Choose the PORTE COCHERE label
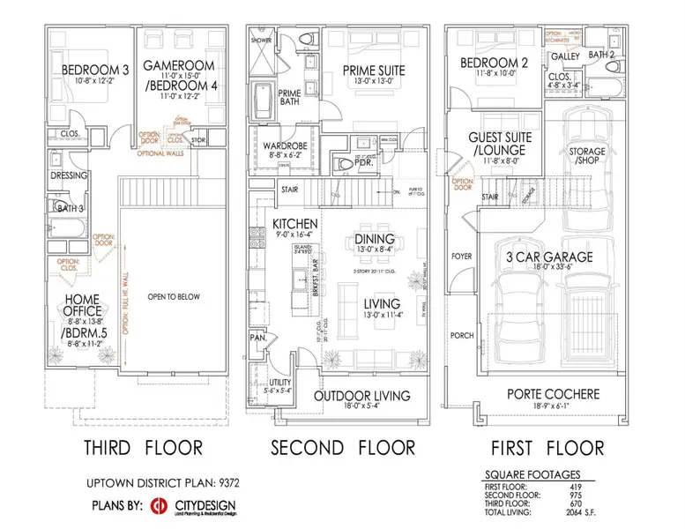(554, 394)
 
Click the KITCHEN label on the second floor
(294, 223)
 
